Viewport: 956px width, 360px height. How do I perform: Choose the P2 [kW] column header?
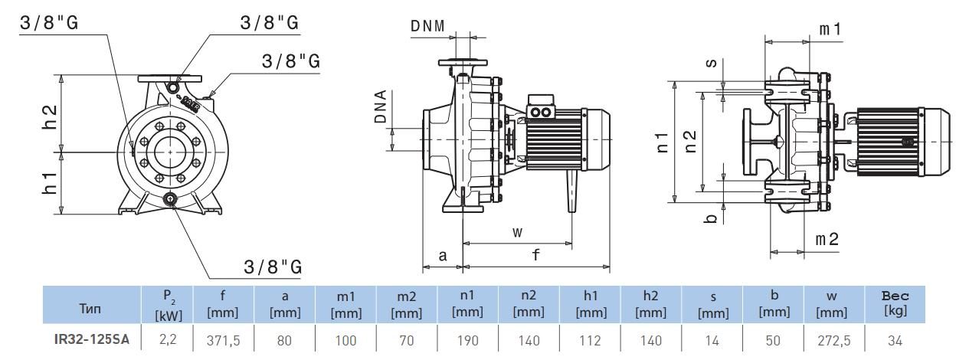click(x=167, y=305)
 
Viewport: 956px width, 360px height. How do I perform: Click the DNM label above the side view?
click(x=427, y=25)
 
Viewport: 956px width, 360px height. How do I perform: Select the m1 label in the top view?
click(x=831, y=29)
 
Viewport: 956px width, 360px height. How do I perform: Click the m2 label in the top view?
click(x=827, y=239)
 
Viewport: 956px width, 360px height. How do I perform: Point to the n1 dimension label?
click(x=663, y=142)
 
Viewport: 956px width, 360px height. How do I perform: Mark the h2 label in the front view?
click(x=50, y=116)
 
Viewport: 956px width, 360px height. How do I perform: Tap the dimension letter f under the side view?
click(x=536, y=255)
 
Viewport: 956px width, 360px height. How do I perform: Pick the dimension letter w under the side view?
click(x=517, y=231)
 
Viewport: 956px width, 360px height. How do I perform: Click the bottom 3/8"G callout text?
click(x=273, y=267)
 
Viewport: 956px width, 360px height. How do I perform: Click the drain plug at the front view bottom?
click(x=169, y=199)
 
